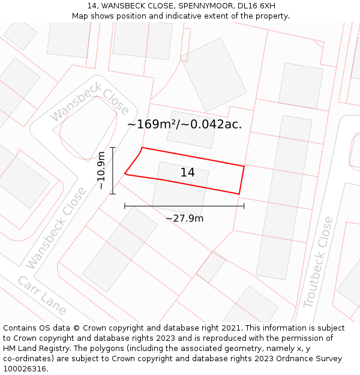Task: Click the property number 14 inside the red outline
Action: (187, 173)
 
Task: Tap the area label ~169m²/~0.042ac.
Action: (185, 124)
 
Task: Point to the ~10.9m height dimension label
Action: (101, 170)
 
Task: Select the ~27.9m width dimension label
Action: (184, 218)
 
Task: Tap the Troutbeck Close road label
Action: (318, 262)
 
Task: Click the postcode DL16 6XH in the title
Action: (256, 6)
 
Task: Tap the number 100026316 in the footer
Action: (25, 369)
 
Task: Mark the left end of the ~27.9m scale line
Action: (125, 206)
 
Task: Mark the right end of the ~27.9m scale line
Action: (244, 206)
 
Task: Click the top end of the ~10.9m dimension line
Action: (112, 147)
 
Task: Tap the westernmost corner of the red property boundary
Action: (125, 175)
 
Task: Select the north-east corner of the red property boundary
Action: (244, 166)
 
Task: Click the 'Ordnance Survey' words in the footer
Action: (310, 359)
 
